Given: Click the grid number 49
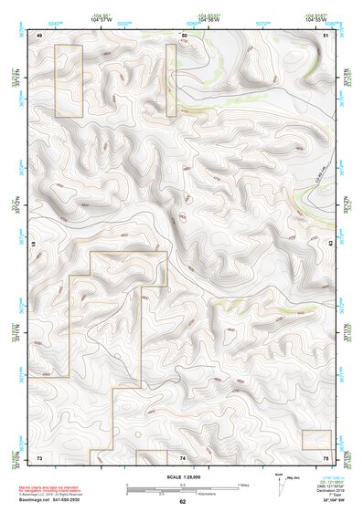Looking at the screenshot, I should (x=39, y=35).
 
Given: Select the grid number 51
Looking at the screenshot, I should (x=326, y=35).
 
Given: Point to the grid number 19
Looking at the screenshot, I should (x=34, y=244).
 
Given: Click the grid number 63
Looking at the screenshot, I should (x=330, y=244).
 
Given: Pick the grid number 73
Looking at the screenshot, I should (x=39, y=455).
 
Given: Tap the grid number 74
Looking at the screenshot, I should (x=183, y=455).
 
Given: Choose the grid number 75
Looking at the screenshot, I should (x=326, y=455).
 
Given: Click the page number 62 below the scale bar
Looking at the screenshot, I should (x=182, y=502).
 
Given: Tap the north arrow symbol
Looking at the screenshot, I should (x=278, y=481).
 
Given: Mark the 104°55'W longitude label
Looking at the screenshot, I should (x=315, y=18).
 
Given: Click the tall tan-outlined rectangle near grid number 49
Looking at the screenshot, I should (x=69, y=80).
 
